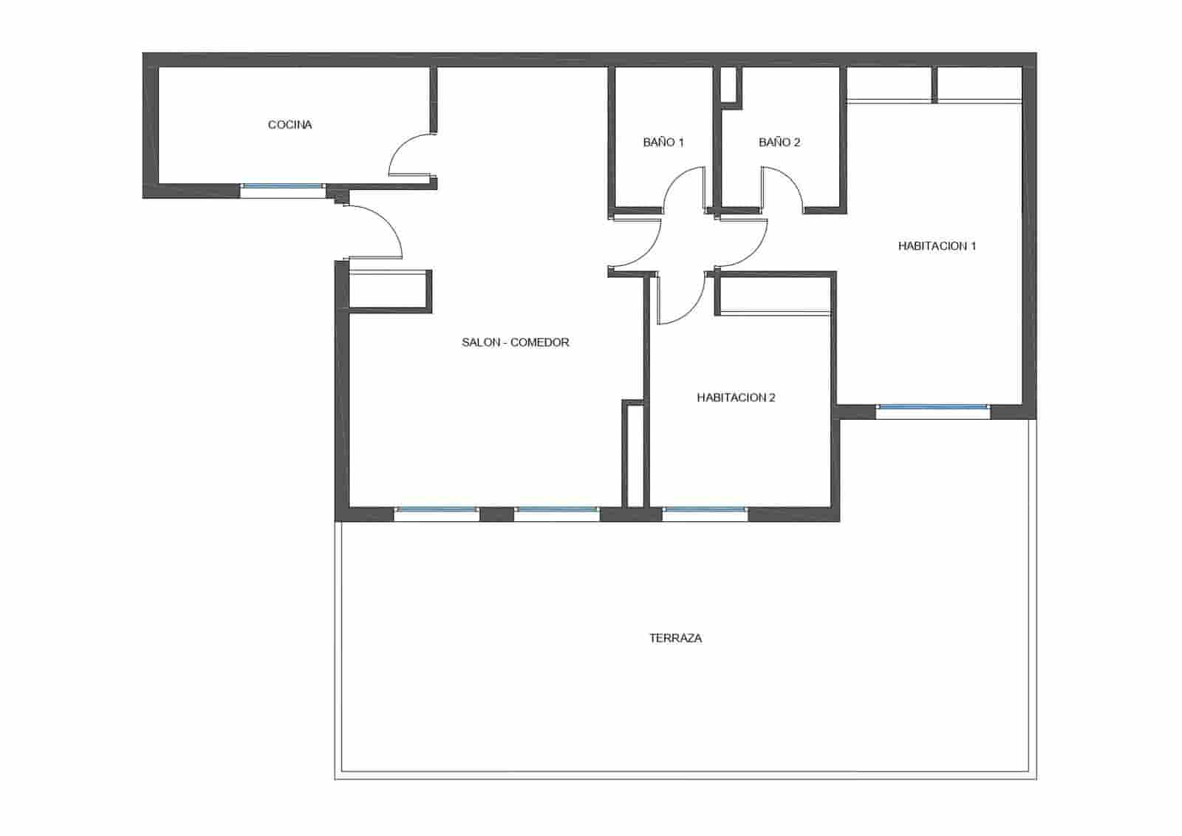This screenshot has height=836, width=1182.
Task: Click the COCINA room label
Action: (x=290, y=125)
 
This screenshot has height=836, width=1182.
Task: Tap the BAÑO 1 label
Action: (x=663, y=142)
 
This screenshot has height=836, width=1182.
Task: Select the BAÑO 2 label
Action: (x=779, y=142)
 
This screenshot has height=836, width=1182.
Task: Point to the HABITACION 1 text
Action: (x=937, y=246)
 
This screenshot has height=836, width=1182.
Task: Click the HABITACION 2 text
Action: (x=736, y=398)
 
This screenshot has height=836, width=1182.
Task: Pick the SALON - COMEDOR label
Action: (x=515, y=342)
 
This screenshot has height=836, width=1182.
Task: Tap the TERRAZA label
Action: (x=675, y=638)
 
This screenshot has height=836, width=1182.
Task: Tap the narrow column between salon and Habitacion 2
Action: (x=634, y=455)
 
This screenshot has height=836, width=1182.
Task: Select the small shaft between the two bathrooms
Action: (x=730, y=85)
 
